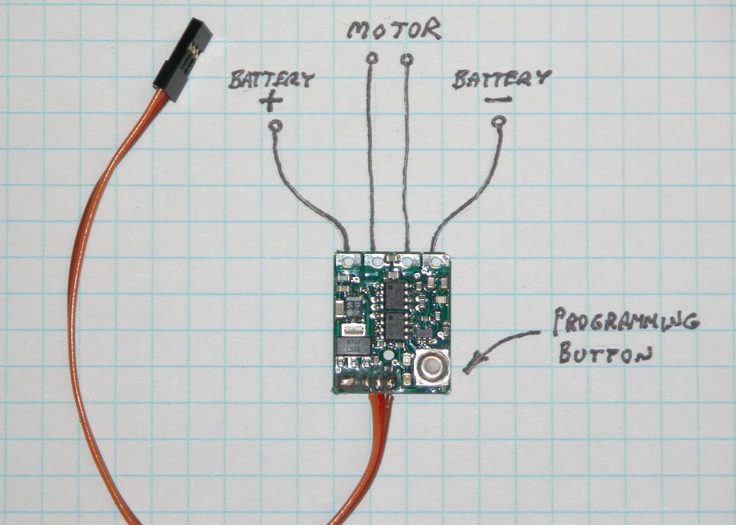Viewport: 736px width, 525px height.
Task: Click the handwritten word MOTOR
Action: (x=394, y=30)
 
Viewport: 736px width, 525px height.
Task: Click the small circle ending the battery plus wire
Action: (x=275, y=125)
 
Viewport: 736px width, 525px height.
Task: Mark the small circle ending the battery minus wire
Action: (x=500, y=121)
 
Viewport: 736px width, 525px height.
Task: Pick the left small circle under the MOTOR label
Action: (x=373, y=58)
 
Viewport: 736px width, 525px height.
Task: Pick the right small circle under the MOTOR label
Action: (x=407, y=60)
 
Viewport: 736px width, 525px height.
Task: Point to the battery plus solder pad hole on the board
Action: (x=347, y=260)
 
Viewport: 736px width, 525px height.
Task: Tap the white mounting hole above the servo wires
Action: (x=388, y=357)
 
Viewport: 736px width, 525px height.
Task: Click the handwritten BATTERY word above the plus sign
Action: (x=271, y=80)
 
